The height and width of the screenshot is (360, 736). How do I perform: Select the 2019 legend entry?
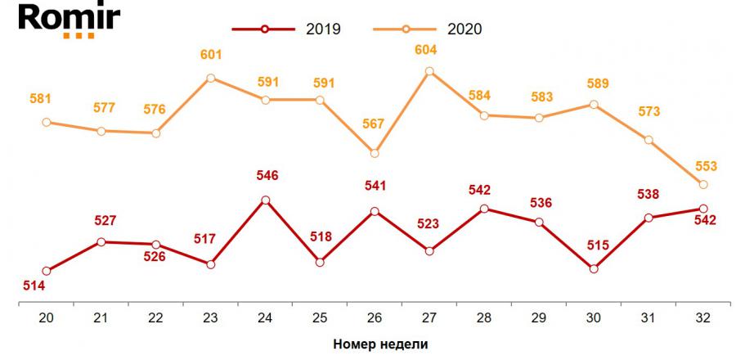point(286,29)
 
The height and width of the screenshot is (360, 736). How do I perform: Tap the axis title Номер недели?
point(380,344)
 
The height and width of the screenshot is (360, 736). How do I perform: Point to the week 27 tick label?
point(429,317)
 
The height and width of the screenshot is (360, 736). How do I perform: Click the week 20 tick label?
point(46,317)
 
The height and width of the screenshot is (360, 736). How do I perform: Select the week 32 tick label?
point(702,317)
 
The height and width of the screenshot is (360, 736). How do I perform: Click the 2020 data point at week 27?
point(429,71)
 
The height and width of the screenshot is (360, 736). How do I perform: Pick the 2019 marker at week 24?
point(265,200)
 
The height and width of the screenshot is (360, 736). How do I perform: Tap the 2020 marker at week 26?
point(375,153)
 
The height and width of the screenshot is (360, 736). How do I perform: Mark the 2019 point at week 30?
point(593,268)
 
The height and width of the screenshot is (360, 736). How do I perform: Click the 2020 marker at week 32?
point(702,183)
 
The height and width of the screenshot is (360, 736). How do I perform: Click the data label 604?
point(426,51)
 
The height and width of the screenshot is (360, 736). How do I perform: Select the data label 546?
point(267,175)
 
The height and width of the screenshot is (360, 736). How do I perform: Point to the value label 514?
point(34,285)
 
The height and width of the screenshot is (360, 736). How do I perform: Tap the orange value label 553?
point(705,166)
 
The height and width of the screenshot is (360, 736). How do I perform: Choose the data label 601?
point(212,55)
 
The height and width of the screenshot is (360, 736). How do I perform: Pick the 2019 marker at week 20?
point(46,271)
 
